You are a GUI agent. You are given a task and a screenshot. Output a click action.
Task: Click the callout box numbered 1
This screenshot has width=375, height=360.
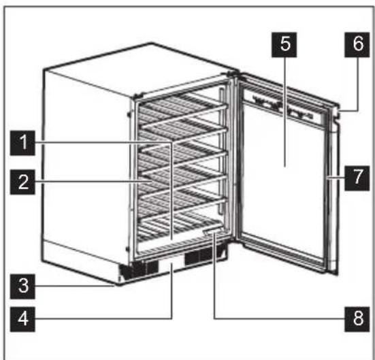pos(24,143)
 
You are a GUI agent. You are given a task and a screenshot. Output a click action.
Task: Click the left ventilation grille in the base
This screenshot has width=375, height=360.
pos(136,269)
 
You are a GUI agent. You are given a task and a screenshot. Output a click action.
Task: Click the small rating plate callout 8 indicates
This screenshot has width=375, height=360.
pos(212,233)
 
